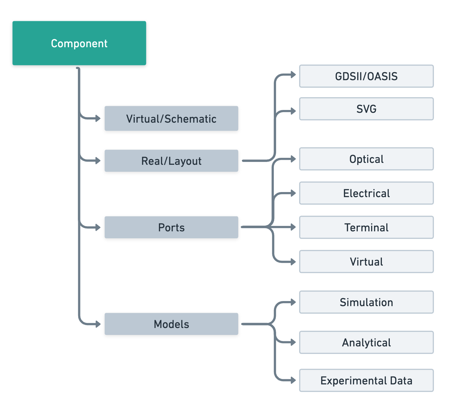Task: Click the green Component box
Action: (x=79, y=43)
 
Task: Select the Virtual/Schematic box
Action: (x=171, y=119)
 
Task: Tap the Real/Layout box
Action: (x=171, y=161)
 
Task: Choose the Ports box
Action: (x=171, y=227)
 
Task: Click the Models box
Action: (x=171, y=324)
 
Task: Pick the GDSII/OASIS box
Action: (x=366, y=76)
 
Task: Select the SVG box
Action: (x=366, y=109)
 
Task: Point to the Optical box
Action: (x=366, y=159)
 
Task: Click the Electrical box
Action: (x=366, y=193)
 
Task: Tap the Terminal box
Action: (x=366, y=227)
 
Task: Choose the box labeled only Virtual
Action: (x=366, y=261)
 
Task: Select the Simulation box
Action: (x=366, y=302)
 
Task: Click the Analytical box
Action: (x=366, y=342)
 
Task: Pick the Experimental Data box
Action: (x=366, y=380)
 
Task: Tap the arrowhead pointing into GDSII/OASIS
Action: (x=293, y=75)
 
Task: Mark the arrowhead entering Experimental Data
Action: (x=293, y=380)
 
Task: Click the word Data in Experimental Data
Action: (x=401, y=380)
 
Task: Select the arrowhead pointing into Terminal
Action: (x=293, y=227)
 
